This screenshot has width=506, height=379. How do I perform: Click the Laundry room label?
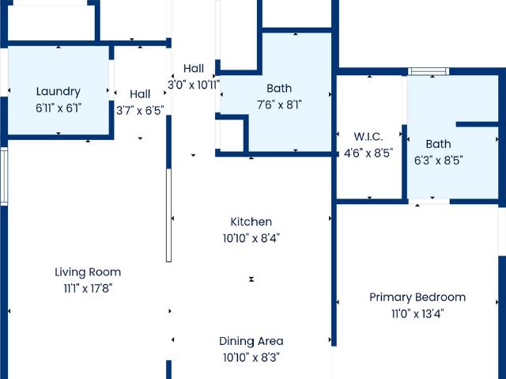(x=58, y=92)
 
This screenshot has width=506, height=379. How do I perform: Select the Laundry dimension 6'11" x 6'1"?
(x=58, y=108)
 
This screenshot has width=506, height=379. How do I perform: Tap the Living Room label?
(x=88, y=272)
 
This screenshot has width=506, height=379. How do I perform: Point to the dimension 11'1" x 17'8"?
(x=88, y=288)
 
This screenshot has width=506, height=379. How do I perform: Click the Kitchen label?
(x=251, y=222)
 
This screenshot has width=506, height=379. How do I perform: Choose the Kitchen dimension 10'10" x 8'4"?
(x=251, y=239)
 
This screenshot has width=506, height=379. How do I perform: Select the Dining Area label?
(x=251, y=341)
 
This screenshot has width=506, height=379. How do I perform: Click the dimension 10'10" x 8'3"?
(x=251, y=358)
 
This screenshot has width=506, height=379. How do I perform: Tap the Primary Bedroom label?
(x=417, y=298)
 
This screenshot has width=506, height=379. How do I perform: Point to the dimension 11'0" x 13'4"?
(x=417, y=314)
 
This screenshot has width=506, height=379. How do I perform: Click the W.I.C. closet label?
(x=368, y=137)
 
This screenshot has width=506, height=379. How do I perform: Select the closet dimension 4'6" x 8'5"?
(x=368, y=153)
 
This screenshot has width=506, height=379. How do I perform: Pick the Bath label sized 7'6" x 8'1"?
(x=279, y=88)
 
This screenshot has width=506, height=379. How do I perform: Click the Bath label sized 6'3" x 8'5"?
(x=438, y=144)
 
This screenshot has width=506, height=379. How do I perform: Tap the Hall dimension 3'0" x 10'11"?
(x=194, y=85)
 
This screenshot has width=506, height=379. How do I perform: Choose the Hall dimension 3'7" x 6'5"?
(x=140, y=111)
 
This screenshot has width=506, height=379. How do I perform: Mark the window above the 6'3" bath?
(x=429, y=71)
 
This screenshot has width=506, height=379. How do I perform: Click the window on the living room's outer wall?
(x=4, y=176)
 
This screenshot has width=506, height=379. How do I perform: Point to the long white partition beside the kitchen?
(x=168, y=215)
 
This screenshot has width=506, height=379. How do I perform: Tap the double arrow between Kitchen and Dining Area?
(x=251, y=279)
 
